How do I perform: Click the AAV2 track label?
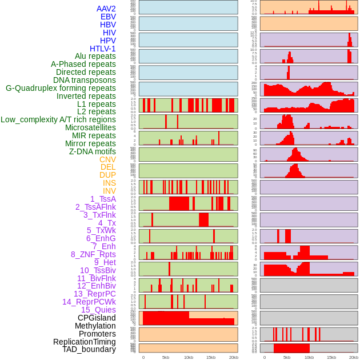(x=106, y=9)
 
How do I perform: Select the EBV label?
(x=108, y=17)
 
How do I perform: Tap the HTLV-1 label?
(x=102, y=49)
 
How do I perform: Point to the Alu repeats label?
(x=95, y=56)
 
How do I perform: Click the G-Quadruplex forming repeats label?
(x=61, y=88)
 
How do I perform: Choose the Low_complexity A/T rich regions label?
(x=58, y=119)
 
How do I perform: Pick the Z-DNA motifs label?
(x=92, y=151)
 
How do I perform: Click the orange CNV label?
(x=107, y=159)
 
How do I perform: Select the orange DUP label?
(x=107, y=175)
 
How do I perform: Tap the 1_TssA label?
(x=103, y=199)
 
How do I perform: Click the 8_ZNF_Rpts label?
(x=93, y=254)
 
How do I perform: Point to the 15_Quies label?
(x=98, y=310)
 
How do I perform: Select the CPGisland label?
(x=97, y=318)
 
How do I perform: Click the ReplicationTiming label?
(x=84, y=342)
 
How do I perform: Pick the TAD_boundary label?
(x=89, y=349)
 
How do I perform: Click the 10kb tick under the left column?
(x=188, y=357)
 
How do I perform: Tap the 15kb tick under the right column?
(x=331, y=357)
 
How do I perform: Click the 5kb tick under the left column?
(x=166, y=357)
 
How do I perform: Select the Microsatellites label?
(x=90, y=127)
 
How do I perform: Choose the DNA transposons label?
(x=85, y=80)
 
